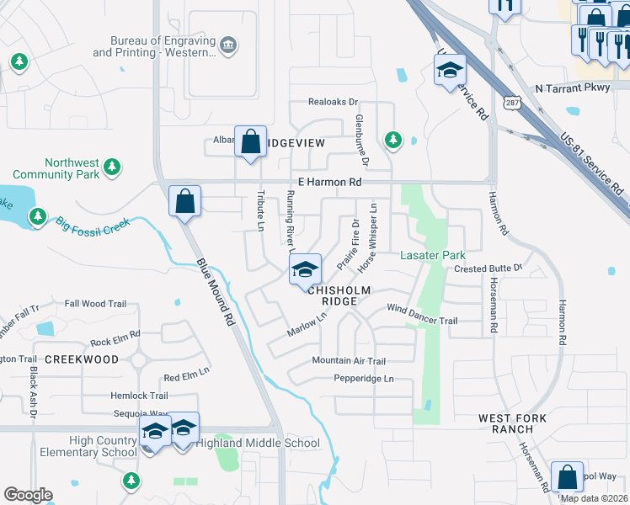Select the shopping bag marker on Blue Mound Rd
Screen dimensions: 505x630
184,202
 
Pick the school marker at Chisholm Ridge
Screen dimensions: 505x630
305,269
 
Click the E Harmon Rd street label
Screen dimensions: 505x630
329,182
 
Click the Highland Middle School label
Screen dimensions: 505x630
258,443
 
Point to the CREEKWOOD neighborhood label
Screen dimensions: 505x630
82,359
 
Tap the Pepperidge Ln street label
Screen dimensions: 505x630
364,379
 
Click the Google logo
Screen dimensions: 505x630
28,495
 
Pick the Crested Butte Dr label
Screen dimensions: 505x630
489,268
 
